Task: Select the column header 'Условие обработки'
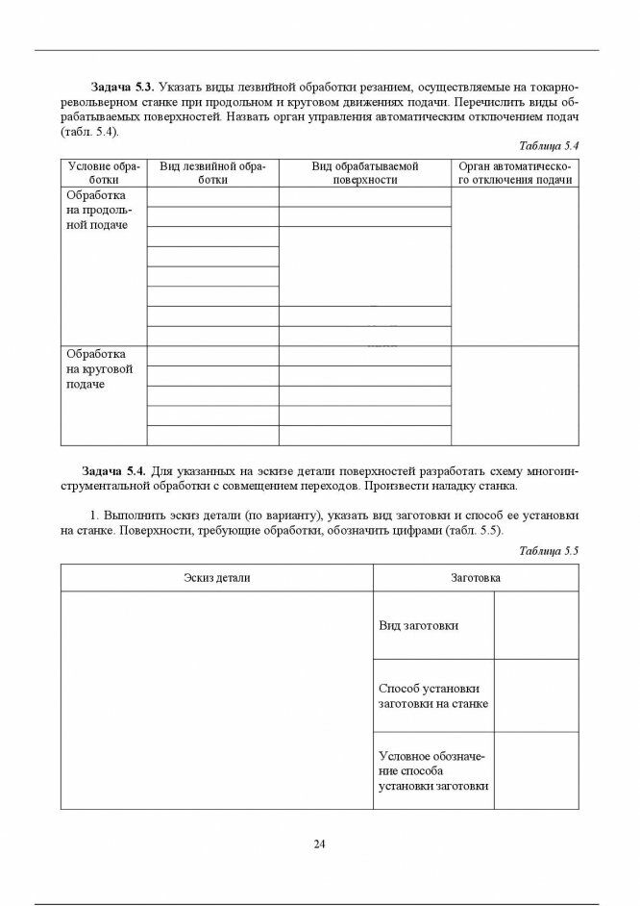click(104, 172)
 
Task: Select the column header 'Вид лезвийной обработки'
click(212, 172)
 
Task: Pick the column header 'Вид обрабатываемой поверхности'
click(365, 172)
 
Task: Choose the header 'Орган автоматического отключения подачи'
click(515, 172)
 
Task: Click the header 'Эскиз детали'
click(217, 578)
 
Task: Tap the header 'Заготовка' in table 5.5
click(476, 578)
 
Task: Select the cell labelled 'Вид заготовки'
click(419, 625)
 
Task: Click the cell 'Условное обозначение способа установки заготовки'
click(431, 770)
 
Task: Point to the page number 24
click(319, 843)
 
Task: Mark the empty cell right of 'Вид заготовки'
click(536, 625)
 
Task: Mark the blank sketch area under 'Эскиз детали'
click(217, 700)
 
